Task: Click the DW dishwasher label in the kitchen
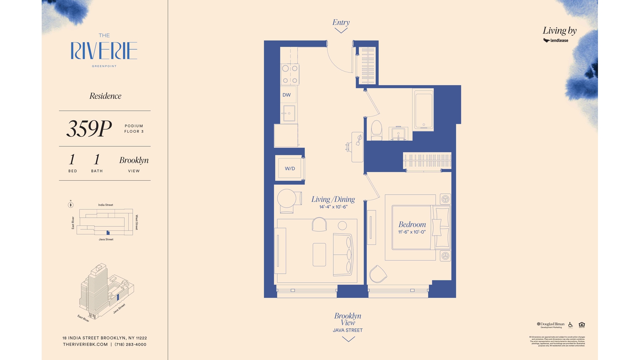pos(286,95)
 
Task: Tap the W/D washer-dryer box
pos(290,168)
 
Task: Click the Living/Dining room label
pos(333,199)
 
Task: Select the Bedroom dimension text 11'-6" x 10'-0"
pos(412,232)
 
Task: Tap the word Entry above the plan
pos(341,22)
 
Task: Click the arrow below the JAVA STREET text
pos(348,339)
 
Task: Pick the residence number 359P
pos(89,129)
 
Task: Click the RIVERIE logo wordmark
pos(104,51)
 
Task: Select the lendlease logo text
pos(559,41)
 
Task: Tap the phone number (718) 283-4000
pos(130,344)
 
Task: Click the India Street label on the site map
pos(105,205)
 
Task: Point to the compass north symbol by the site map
pos(71,205)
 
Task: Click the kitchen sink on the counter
pos(289,113)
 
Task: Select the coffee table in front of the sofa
pos(319,255)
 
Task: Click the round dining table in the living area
pos(287,199)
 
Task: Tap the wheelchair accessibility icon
pos(570,325)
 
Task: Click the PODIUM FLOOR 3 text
pos(134,129)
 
